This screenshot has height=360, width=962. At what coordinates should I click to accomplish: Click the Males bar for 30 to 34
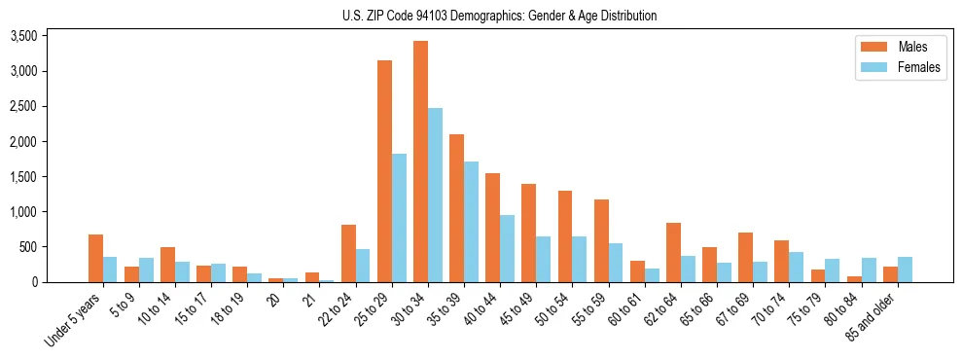tap(420, 162)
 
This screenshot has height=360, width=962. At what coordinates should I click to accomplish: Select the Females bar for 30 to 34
tap(435, 195)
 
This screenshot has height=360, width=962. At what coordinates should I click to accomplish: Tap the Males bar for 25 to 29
tap(384, 171)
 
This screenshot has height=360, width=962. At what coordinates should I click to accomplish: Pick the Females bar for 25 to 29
tap(399, 218)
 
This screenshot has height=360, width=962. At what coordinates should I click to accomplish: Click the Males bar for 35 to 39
tap(456, 208)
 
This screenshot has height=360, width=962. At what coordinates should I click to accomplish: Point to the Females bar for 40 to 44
tap(507, 248)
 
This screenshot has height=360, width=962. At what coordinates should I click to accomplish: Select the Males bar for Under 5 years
tap(95, 258)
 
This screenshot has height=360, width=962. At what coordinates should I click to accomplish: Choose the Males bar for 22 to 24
tap(348, 253)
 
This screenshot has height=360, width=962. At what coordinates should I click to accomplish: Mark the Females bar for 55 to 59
tap(616, 263)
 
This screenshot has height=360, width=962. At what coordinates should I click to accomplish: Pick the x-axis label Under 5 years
tap(73, 321)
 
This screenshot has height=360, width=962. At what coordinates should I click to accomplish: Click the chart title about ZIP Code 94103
tap(499, 16)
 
